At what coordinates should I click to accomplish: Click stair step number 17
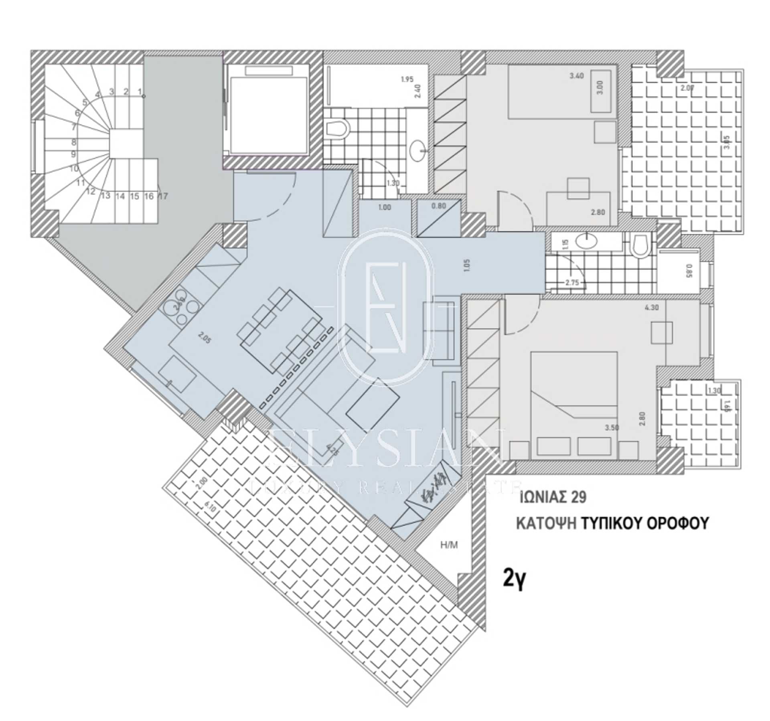pyautogui.click(x=163, y=196)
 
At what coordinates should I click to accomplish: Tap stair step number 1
pyautogui.click(x=140, y=92)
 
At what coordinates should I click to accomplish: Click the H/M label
pyautogui.click(x=449, y=545)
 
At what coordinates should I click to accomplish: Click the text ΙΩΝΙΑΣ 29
pyautogui.click(x=553, y=498)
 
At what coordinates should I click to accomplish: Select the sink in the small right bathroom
pyautogui.click(x=586, y=242)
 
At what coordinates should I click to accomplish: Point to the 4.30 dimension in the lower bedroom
pyautogui.click(x=651, y=308)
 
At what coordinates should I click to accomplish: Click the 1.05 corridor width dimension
pyautogui.click(x=466, y=265)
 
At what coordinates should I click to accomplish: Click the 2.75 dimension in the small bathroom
pyautogui.click(x=572, y=282)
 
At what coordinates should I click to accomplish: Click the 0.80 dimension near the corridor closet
pyautogui.click(x=438, y=207)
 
